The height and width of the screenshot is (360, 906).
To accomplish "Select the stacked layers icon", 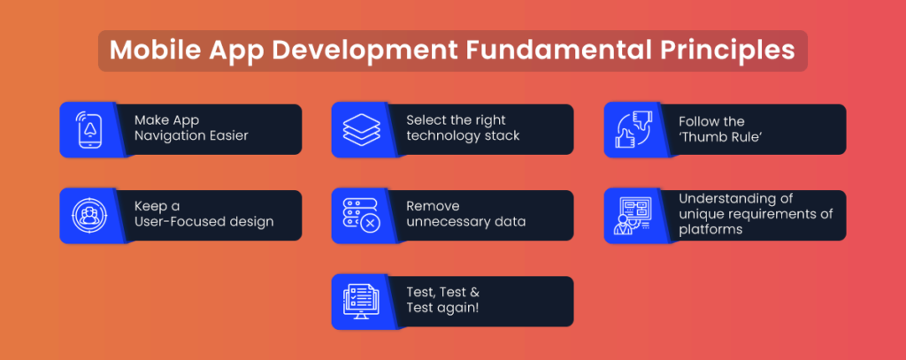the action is tap(362, 129).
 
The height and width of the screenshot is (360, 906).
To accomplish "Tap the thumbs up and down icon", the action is tap(633, 129).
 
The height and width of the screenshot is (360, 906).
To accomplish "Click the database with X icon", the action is tap(360, 216).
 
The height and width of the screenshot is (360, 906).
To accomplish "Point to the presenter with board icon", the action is tap(633, 216).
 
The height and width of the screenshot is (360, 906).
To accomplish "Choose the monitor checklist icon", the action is tap(361, 303).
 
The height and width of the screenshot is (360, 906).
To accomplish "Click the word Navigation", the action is tap(167, 136).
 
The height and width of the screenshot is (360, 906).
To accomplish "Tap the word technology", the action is tap(440, 136).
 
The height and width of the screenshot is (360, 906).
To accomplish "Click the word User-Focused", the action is tap(172, 222).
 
